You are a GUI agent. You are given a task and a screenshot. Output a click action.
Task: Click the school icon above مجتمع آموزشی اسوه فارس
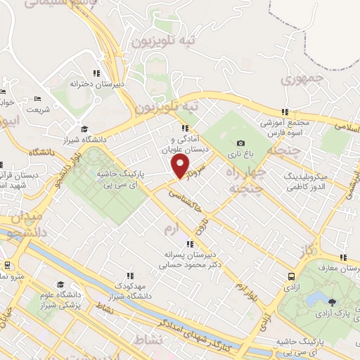tap(285, 111)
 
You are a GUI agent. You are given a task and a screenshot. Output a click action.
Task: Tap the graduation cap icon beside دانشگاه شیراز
tap(85, 129)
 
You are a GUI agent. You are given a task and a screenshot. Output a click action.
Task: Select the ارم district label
tap(172, 230)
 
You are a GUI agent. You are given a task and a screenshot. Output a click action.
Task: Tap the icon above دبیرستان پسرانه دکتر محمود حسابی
tap(190, 244)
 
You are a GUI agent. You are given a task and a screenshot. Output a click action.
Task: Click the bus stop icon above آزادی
tap(290, 276)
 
